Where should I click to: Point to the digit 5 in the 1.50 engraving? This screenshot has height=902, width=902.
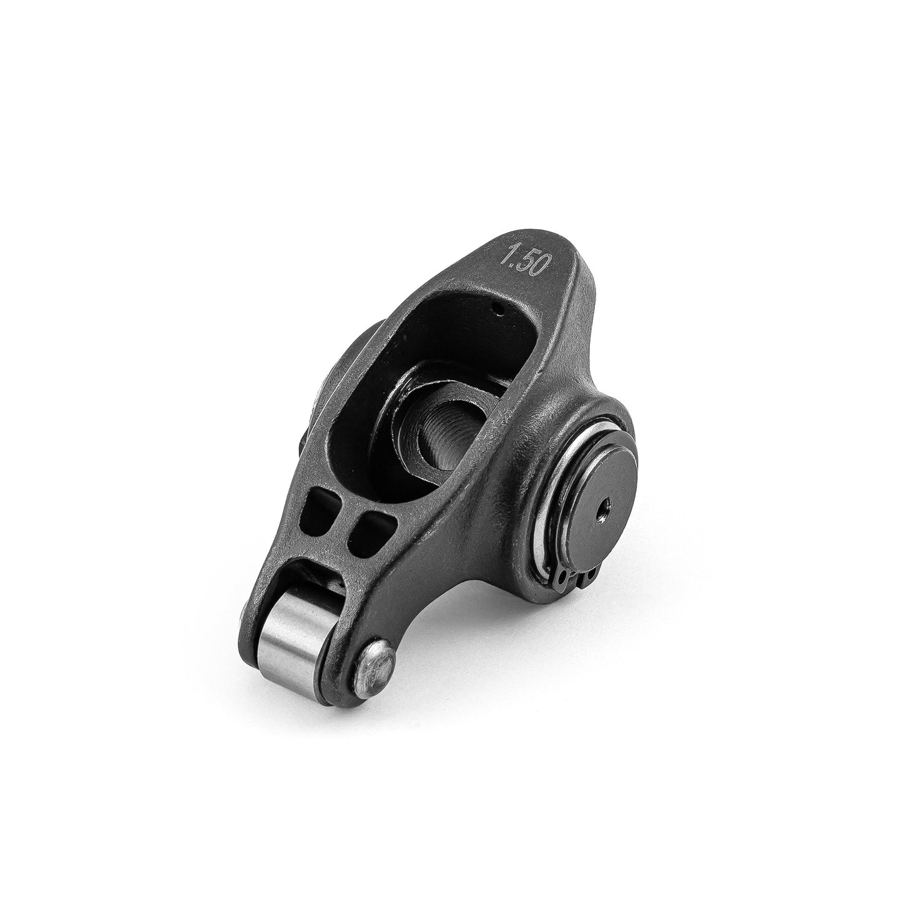point(524,262)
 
